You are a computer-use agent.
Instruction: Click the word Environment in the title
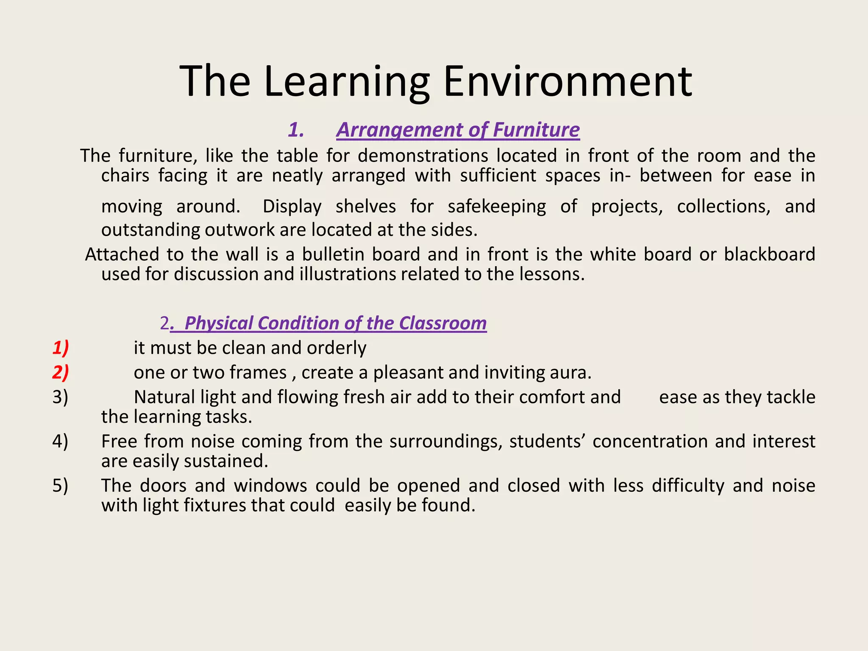pyautogui.click(x=568, y=81)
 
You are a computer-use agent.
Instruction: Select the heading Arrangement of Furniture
pyautogui.click(x=458, y=130)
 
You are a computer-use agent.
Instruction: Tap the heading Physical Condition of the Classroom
pyautogui.click(x=335, y=323)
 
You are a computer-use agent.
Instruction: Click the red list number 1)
pyautogui.click(x=61, y=348)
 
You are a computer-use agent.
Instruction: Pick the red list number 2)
pyautogui.click(x=61, y=373)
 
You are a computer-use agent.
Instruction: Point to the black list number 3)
pyautogui.click(x=60, y=397)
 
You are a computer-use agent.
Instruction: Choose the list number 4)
pyautogui.click(x=60, y=441)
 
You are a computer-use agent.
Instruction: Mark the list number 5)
pyautogui.click(x=60, y=485)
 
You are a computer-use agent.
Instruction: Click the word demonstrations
pyautogui.click(x=423, y=156)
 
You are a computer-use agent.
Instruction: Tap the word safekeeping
pyautogui.click(x=497, y=206)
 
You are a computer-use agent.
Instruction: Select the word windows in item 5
pyautogui.click(x=270, y=485)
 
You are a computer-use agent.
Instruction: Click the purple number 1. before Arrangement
pyautogui.click(x=296, y=130)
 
